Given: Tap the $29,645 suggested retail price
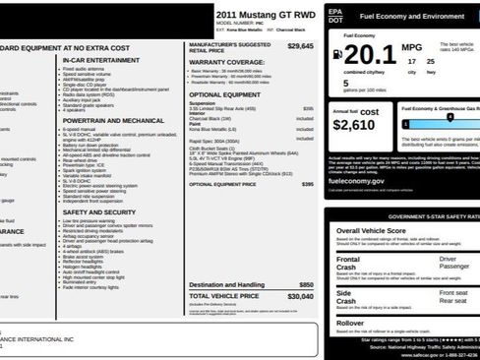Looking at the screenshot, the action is point(301,46).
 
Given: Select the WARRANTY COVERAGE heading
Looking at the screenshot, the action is point(226,61).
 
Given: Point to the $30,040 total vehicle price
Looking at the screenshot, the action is point(301,295).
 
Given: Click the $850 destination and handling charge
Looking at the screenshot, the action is point(307,284).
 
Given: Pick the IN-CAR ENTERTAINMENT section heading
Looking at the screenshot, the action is point(100,60).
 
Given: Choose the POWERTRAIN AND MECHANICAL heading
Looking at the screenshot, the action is point(113,120).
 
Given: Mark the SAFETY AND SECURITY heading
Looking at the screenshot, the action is point(99,211).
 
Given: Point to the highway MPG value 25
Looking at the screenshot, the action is point(429,61).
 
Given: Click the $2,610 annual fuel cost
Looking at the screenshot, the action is point(355,125).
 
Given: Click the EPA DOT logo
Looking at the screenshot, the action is point(336,16).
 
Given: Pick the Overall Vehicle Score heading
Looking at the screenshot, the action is point(372,230).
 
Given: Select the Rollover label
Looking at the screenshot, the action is point(351,322).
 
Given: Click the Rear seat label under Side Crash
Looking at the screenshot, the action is point(453,301).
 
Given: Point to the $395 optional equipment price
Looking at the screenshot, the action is point(308,184).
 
